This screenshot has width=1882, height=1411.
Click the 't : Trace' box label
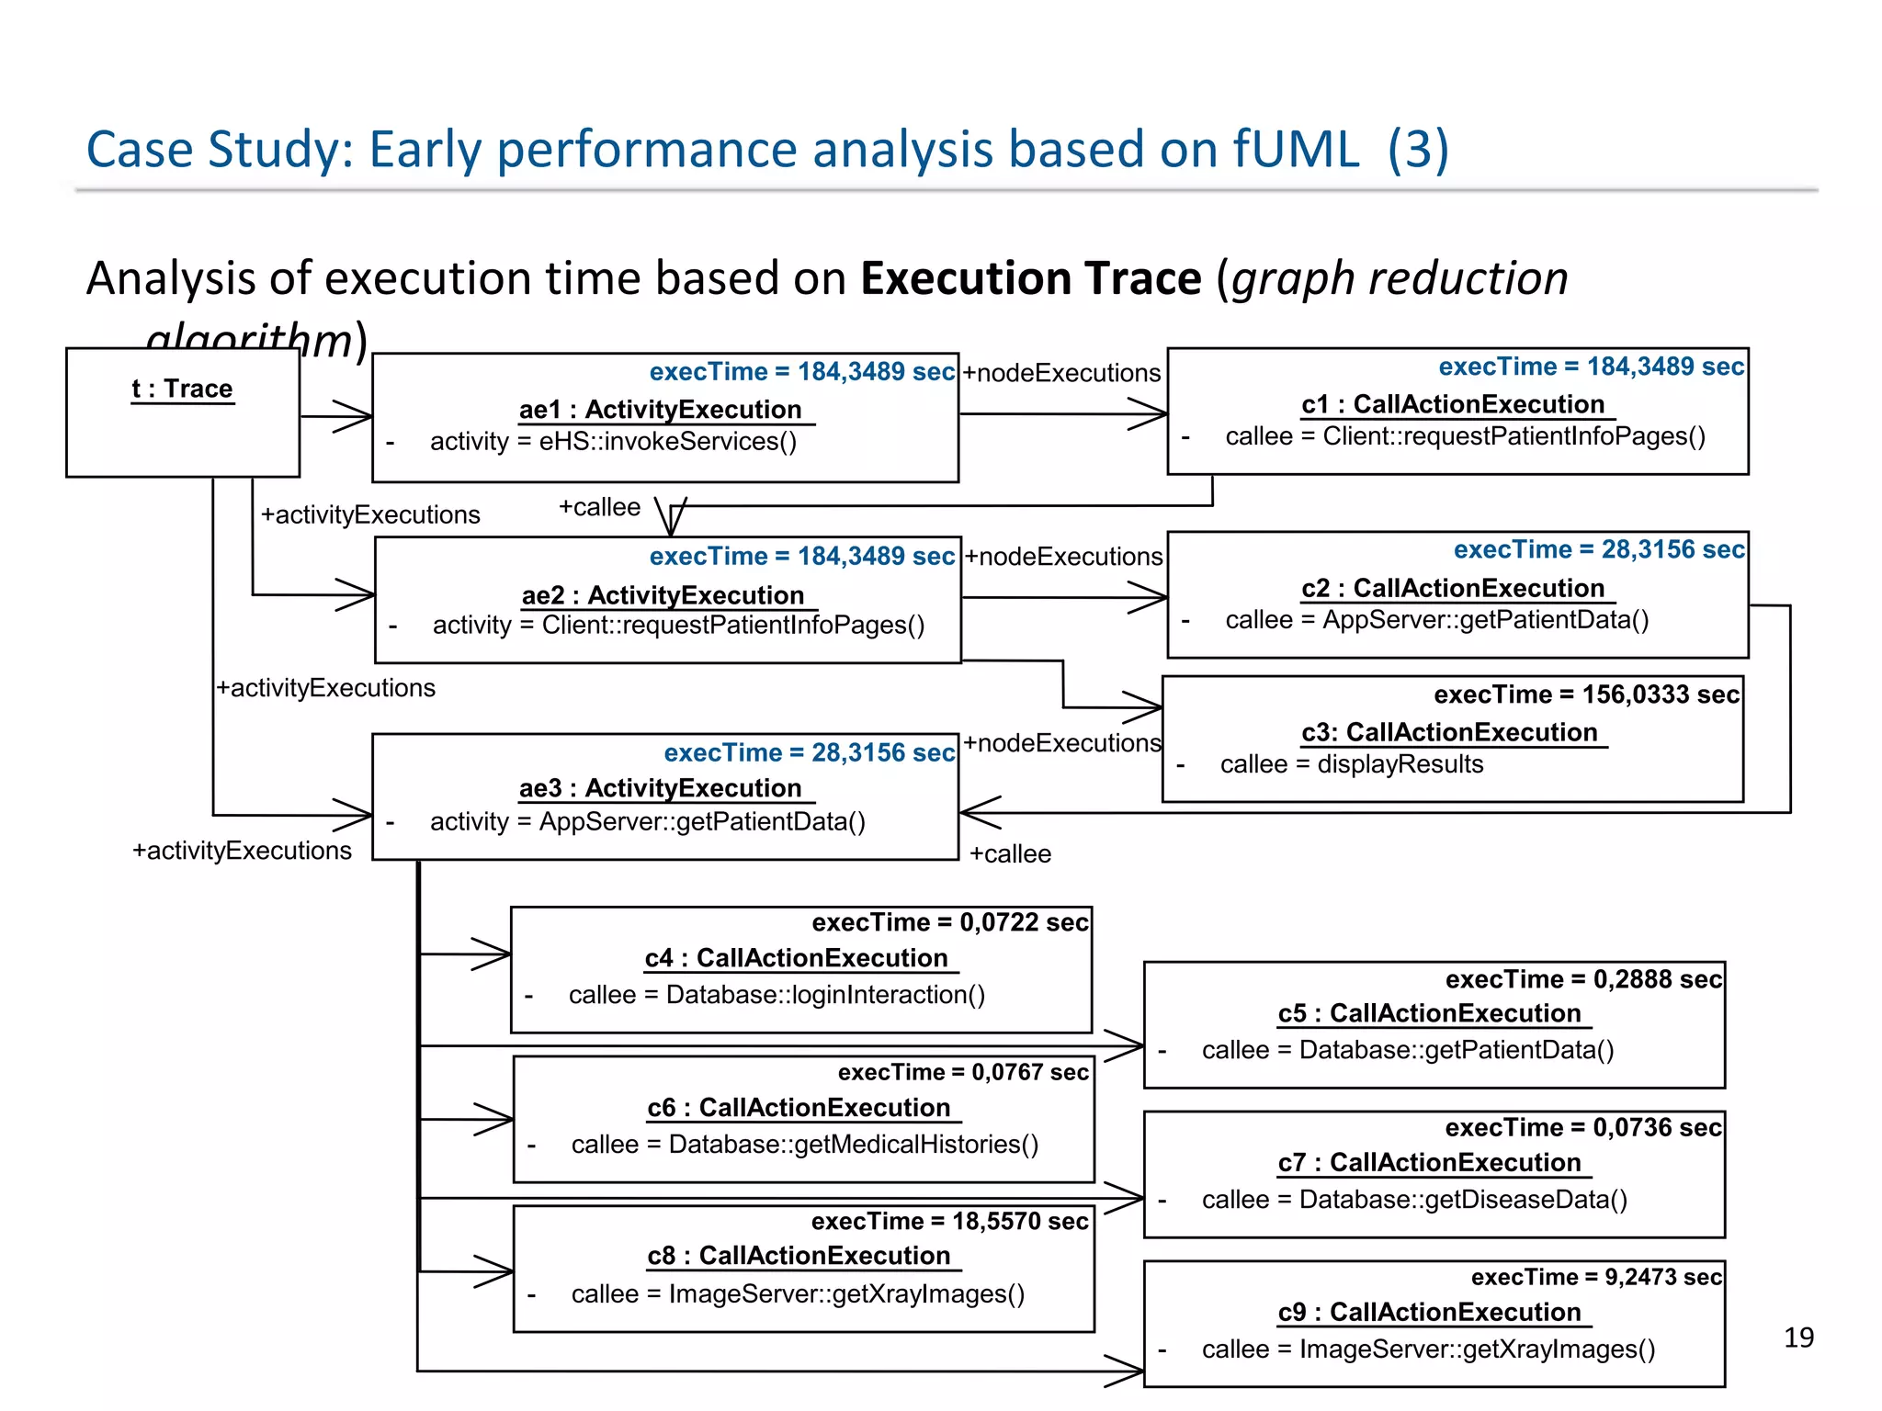click(x=182, y=389)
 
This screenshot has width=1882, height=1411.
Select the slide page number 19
click(x=1798, y=1337)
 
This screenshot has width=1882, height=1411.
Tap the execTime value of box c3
click(x=1586, y=694)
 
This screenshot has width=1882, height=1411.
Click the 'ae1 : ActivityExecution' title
click(x=660, y=410)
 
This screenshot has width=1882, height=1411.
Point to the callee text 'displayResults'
click(x=1400, y=764)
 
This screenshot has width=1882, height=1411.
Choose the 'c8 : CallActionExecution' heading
click(x=799, y=1256)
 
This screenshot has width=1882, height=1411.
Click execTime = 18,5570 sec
click(x=949, y=1221)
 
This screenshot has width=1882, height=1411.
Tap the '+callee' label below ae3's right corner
click(x=1010, y=854)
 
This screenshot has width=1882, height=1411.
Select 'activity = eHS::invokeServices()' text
click(x=613, y=442)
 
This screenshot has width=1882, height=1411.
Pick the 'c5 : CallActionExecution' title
click(x=1429, y=1013)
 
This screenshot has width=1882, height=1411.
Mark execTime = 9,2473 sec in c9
click(x=1596, y=1277)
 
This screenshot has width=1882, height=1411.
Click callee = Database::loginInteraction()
click(x=777, y=995)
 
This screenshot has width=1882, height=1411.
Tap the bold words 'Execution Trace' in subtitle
click(x=1030, y=278)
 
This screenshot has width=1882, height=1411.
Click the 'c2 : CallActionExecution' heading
click(x=1453, y=588)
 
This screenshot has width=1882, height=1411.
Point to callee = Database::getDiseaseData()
click(x=1414, y=1200)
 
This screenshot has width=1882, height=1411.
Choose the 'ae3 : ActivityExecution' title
click(x=660, y=788)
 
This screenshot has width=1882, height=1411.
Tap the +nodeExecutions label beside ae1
click(x=1061, y=373)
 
